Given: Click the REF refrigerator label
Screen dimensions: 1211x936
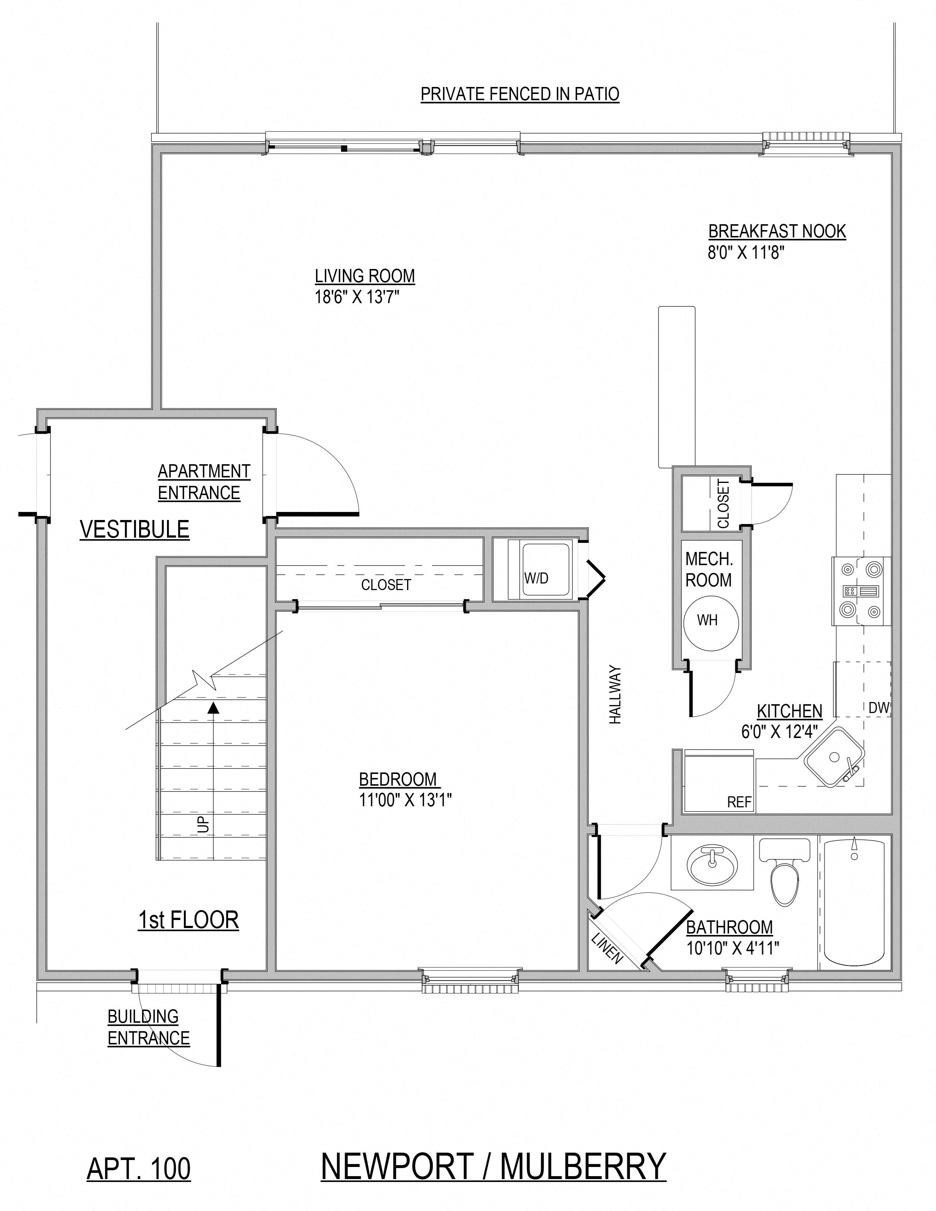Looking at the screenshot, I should tap(739, 802).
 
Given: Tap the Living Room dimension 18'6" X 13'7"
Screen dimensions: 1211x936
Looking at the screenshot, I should tap(357, 297).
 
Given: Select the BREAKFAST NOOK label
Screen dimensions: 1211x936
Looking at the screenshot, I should tap(777, 231).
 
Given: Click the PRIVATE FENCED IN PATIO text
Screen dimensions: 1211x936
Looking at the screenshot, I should tap(519, 94).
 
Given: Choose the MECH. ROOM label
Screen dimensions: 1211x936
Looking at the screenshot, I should tap(709, 570).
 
